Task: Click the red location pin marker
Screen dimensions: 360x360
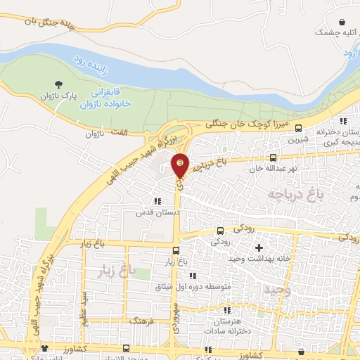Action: pyautogui.click(x=181, y=165)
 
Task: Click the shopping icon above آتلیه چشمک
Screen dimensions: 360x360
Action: pyautogui.click(x=342, y=22)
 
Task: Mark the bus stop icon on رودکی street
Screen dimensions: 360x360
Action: pyautogui.click(x=221, y=230)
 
